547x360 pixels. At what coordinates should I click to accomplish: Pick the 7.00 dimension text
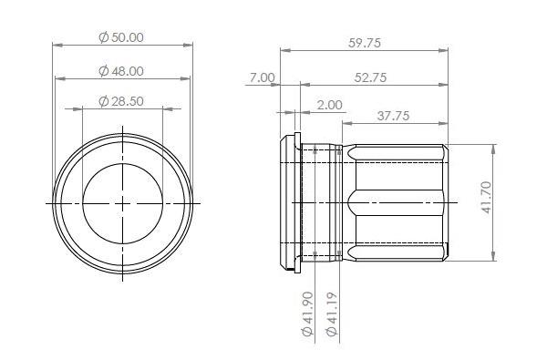coord(261,77)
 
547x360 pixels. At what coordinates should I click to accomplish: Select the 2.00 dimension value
coord(329,106)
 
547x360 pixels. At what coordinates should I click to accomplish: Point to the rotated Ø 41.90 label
coord(307,314)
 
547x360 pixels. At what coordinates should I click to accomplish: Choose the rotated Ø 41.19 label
coord(334,314)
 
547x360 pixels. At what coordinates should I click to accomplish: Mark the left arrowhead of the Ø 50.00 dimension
coord(57,44)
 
